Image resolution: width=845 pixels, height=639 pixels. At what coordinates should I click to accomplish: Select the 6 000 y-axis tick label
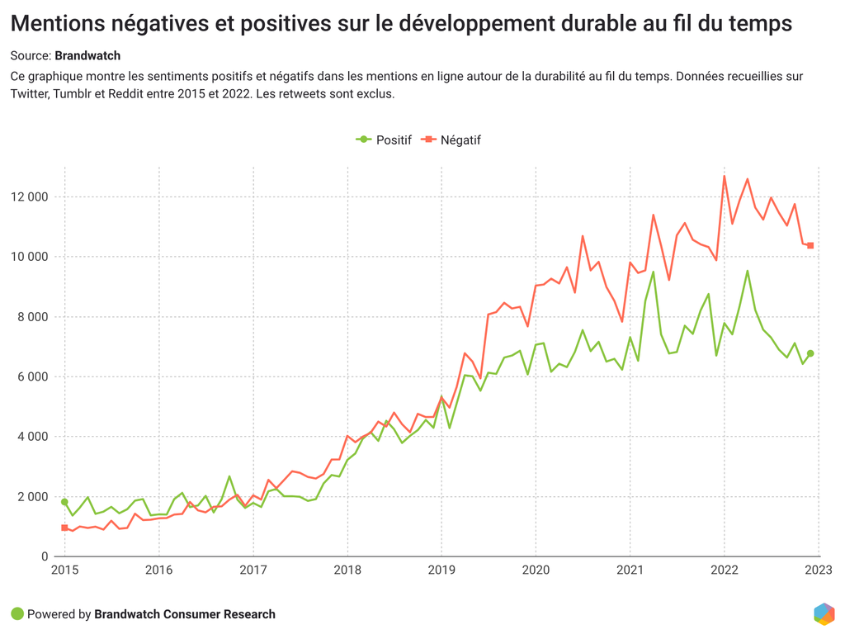[35, 376]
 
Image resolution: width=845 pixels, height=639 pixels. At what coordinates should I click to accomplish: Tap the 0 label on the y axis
[45, 556]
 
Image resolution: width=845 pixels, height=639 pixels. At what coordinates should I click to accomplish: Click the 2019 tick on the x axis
[441, 570]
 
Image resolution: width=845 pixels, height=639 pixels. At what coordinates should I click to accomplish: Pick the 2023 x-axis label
[819, 570]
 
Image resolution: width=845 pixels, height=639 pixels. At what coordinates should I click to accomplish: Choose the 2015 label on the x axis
[64, 570]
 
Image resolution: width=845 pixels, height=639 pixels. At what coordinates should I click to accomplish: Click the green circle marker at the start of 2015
[64, 502]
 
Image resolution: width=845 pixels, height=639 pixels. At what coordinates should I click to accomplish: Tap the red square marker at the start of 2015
[64, 528]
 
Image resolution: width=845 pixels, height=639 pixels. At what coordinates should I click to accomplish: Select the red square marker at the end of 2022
[810, 245]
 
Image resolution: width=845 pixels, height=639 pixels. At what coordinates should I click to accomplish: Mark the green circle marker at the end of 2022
[810, 353]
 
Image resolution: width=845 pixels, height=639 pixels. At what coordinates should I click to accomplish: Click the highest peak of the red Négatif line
[725, 176]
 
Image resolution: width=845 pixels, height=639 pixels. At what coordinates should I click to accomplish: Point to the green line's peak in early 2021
[654, 272]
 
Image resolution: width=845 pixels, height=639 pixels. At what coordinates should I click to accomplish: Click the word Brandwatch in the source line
[87, 56]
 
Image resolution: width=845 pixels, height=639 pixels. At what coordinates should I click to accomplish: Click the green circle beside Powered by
[17, 614]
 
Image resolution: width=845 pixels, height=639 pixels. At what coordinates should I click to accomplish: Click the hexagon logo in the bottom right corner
[824, 614]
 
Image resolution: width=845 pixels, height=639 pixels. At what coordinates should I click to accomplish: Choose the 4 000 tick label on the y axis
[35, 437]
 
